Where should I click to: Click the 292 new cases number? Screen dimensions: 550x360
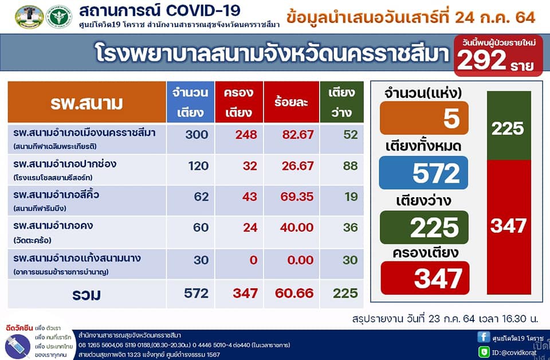[x=481, y=60]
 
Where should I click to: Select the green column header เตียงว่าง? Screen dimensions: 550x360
[x=341, y=102]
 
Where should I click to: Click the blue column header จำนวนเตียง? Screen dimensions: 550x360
[x=190, y=102]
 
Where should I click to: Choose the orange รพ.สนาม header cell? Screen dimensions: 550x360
[x=87, y=102]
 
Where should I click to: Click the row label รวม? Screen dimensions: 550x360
[x=87, y=295]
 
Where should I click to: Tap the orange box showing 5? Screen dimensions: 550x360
[x=424, y=118]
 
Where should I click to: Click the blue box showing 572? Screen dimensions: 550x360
[x=423, y=173]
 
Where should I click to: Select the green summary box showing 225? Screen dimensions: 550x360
[x=424, y=228]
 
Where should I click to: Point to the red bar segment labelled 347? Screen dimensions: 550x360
[x=509, y=227]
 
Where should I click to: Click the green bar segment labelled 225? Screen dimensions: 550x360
[x=509, y=126]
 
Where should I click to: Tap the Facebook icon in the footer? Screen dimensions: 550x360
[x=484, y=337]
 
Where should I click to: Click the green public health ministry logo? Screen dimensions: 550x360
[x=59, y=17]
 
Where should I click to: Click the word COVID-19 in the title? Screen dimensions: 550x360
[x=203, y=10]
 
